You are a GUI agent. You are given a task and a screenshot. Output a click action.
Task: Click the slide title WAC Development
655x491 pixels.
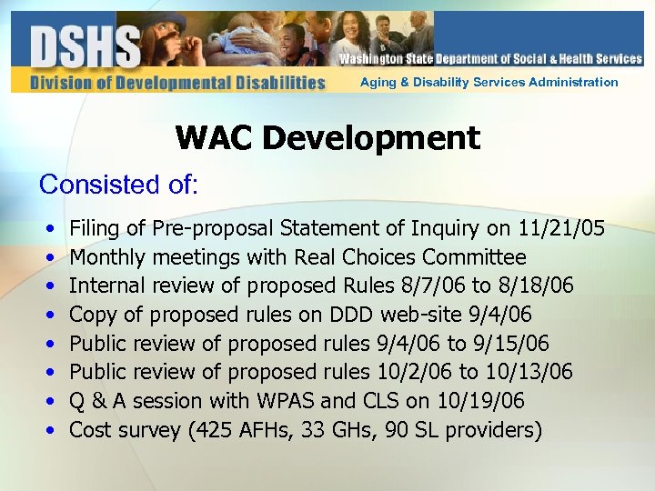327,138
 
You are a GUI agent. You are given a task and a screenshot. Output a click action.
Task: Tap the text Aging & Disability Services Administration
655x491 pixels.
489,82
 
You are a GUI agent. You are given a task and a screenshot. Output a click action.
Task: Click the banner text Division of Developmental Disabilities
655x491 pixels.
177,83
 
